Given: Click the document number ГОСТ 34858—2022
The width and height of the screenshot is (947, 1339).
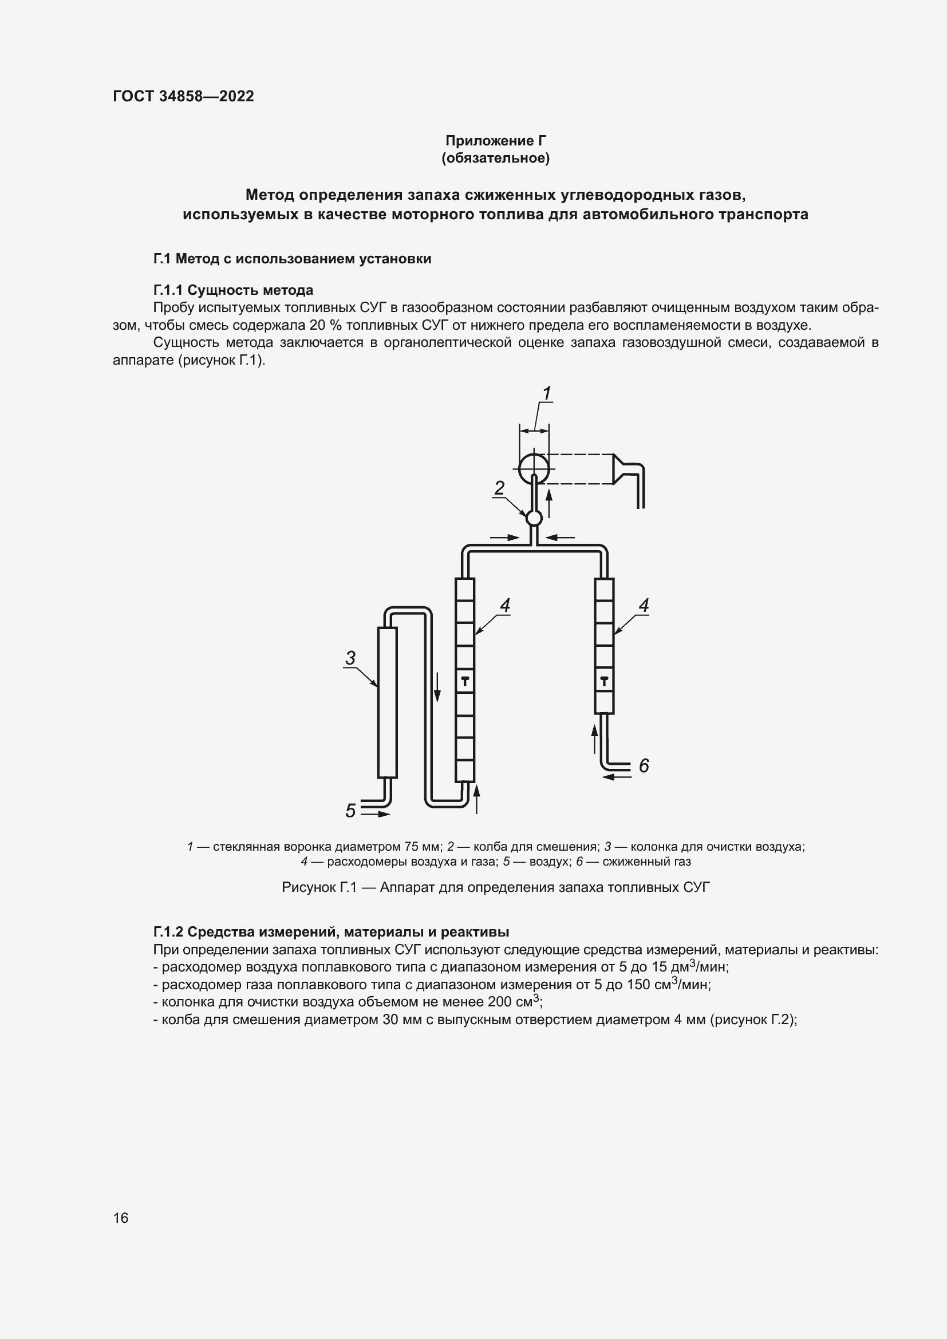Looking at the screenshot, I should (183, 96).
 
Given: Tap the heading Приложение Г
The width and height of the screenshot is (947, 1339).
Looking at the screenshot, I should (496, 141).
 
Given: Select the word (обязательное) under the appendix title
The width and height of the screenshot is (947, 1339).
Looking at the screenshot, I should (496, 158).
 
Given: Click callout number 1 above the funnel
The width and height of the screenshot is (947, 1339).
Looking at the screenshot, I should (546, 394).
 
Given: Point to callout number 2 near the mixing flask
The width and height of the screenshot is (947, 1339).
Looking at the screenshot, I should (499, 488).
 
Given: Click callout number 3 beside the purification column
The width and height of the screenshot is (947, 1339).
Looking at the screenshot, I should (350, 658).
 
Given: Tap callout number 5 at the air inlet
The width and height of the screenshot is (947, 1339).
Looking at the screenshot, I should (350, 810).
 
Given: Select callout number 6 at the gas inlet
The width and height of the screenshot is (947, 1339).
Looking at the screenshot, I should (644, 766).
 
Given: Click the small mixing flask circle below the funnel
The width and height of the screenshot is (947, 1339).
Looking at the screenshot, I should (534, 518).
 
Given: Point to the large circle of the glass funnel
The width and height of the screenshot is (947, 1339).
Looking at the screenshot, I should (534, 469).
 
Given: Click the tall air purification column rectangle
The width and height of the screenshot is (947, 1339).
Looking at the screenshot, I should (387, 702).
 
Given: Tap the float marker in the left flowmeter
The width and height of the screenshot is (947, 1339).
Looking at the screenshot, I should (465, 680).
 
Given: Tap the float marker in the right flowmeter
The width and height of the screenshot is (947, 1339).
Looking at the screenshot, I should (604, 680).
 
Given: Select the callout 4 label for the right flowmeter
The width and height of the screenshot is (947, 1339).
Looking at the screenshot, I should (644, 605).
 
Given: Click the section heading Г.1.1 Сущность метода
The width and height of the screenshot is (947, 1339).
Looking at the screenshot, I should (233, 290).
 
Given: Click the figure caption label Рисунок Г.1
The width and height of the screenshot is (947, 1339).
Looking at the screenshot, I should (318, 887).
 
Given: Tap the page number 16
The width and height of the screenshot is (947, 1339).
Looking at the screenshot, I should (121, 1218).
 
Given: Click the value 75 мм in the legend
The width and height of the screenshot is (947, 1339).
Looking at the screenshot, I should (423, 846).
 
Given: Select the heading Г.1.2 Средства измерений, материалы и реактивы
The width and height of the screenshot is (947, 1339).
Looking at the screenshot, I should (331, 932).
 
